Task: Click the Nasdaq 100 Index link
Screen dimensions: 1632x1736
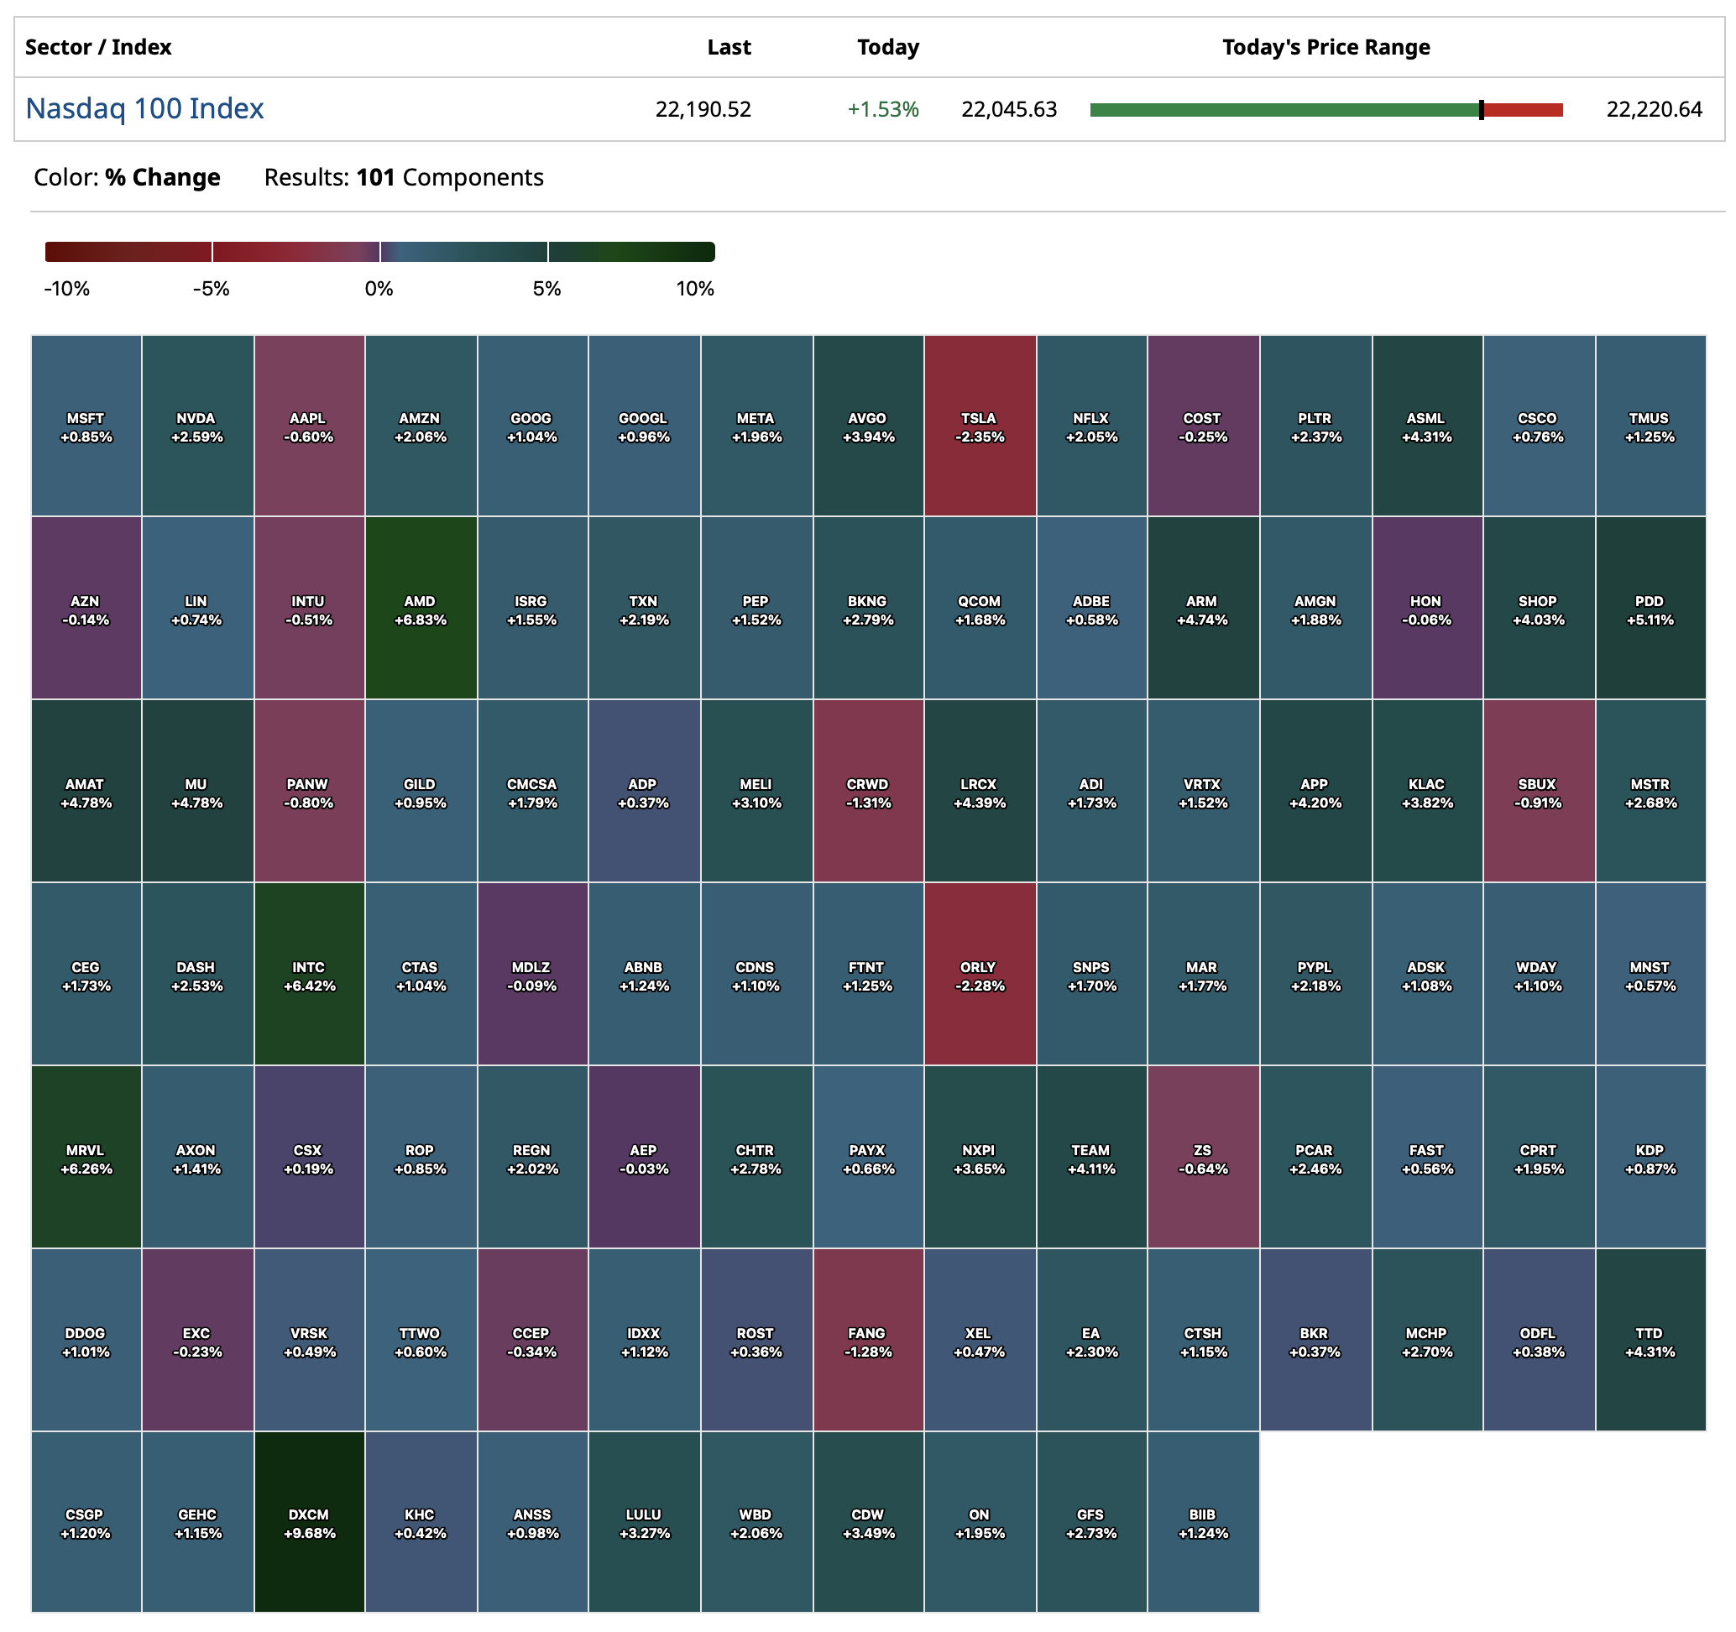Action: [144, 108]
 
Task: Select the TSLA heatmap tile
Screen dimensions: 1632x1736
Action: [979, 426]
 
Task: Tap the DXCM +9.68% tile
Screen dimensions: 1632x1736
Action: [309, 1522]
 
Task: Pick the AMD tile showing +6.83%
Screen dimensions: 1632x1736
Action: [420, 609]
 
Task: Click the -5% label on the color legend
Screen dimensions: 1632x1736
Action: [211, 289]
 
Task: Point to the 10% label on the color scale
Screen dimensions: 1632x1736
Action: [694, 289]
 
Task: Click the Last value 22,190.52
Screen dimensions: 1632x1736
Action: [702, 109]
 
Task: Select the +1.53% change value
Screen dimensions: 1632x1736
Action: [882, 109]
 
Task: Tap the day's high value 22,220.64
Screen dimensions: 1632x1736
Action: [1653, 109]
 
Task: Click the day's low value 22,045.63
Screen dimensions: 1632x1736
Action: [1007, 109]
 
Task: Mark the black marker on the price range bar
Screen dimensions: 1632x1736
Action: [1481, 110]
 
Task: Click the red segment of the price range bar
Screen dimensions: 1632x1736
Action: [1523, 110]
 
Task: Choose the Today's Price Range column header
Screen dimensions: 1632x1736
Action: [1325, 47]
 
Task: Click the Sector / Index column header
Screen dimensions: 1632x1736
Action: [98, 47]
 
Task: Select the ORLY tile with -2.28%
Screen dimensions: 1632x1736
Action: [979, 975]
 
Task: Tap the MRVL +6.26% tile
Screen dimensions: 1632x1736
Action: [86, 1158]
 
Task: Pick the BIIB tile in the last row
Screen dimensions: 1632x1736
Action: [1202, 1522]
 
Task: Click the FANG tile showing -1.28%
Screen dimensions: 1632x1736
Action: [867, 1341]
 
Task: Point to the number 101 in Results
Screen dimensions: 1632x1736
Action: [375, 177]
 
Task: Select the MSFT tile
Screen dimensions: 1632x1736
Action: [86, 426]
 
